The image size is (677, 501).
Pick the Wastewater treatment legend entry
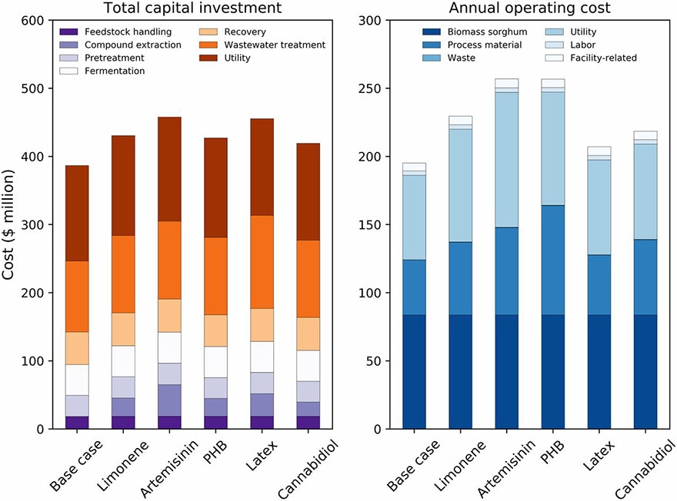pos(272,45)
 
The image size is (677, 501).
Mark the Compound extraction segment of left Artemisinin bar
pos(170,400)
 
